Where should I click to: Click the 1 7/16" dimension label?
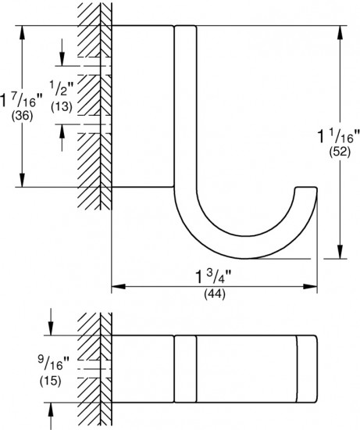[21, 100]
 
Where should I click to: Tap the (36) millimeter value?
[22, 116]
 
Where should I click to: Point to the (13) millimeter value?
[62, 106]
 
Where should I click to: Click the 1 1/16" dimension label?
[338, 136]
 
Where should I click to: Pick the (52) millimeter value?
[340, 152]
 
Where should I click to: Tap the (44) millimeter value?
[215, 294]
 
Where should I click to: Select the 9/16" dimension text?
[54, 364]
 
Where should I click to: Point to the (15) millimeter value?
[51, 382]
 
